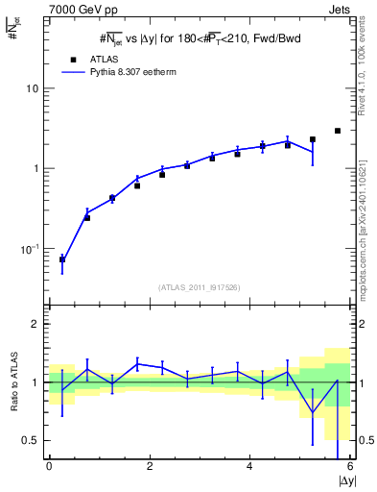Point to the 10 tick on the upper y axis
[x=33, y=88]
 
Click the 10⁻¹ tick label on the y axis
[x=30, y=249]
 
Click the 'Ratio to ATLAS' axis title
[x=12, y=381]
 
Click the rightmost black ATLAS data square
[x=338, y=131]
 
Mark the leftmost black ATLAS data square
[x=62, y=259]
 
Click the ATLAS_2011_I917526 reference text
[x=198, y=287]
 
